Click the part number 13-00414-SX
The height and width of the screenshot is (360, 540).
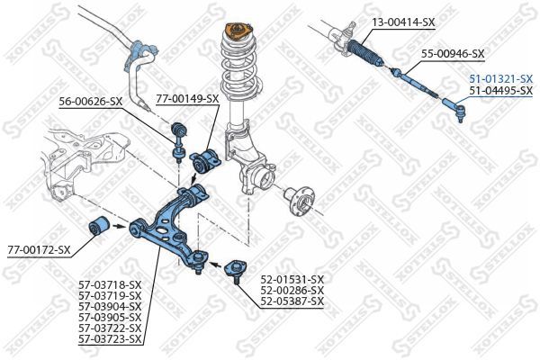click(x=403, y=22)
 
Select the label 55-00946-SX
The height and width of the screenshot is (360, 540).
click(x=454, y=54)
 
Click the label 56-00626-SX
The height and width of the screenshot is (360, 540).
click(x=91, y=102)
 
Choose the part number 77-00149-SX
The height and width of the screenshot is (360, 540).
click(x=188, y=99)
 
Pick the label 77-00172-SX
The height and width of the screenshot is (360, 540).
click(x=39, y=250)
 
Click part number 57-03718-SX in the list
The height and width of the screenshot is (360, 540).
click(x=110, y=285)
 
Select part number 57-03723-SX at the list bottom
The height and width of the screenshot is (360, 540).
click(x=110, y=339)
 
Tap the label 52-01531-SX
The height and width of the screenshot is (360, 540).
click(x=292, y=279)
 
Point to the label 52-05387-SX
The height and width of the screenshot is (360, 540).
click(x=292, y=301)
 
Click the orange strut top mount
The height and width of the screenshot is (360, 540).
click(x=238, y=31)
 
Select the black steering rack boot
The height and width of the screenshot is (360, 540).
click(x=366, y=53)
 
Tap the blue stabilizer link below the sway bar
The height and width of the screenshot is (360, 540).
click(x=178, y=142)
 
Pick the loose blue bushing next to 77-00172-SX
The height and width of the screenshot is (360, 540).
click(x=99, y=226)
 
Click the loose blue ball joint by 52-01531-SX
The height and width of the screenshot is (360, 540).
click(x=236, y=272)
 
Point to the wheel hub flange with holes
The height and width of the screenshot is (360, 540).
click(x=300, y=202)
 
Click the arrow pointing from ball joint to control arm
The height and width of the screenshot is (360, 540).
click(x=216, y=265)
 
